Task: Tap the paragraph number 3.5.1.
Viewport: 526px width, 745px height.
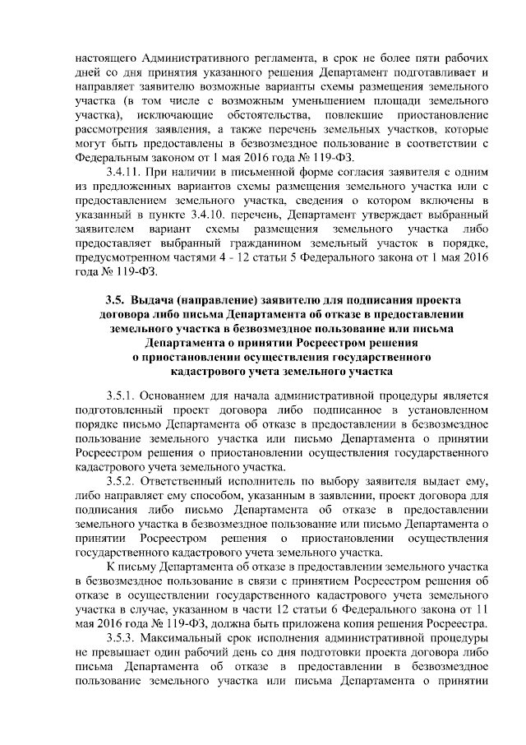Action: pos(122,395)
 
